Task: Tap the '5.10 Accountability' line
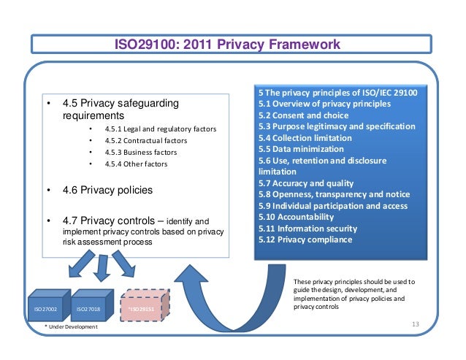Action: (x=296, y=217)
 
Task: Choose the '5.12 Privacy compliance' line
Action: (x=305, y=239)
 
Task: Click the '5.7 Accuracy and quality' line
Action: (x=305, y=183)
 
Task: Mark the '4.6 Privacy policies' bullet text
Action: (x=107, y=190)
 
